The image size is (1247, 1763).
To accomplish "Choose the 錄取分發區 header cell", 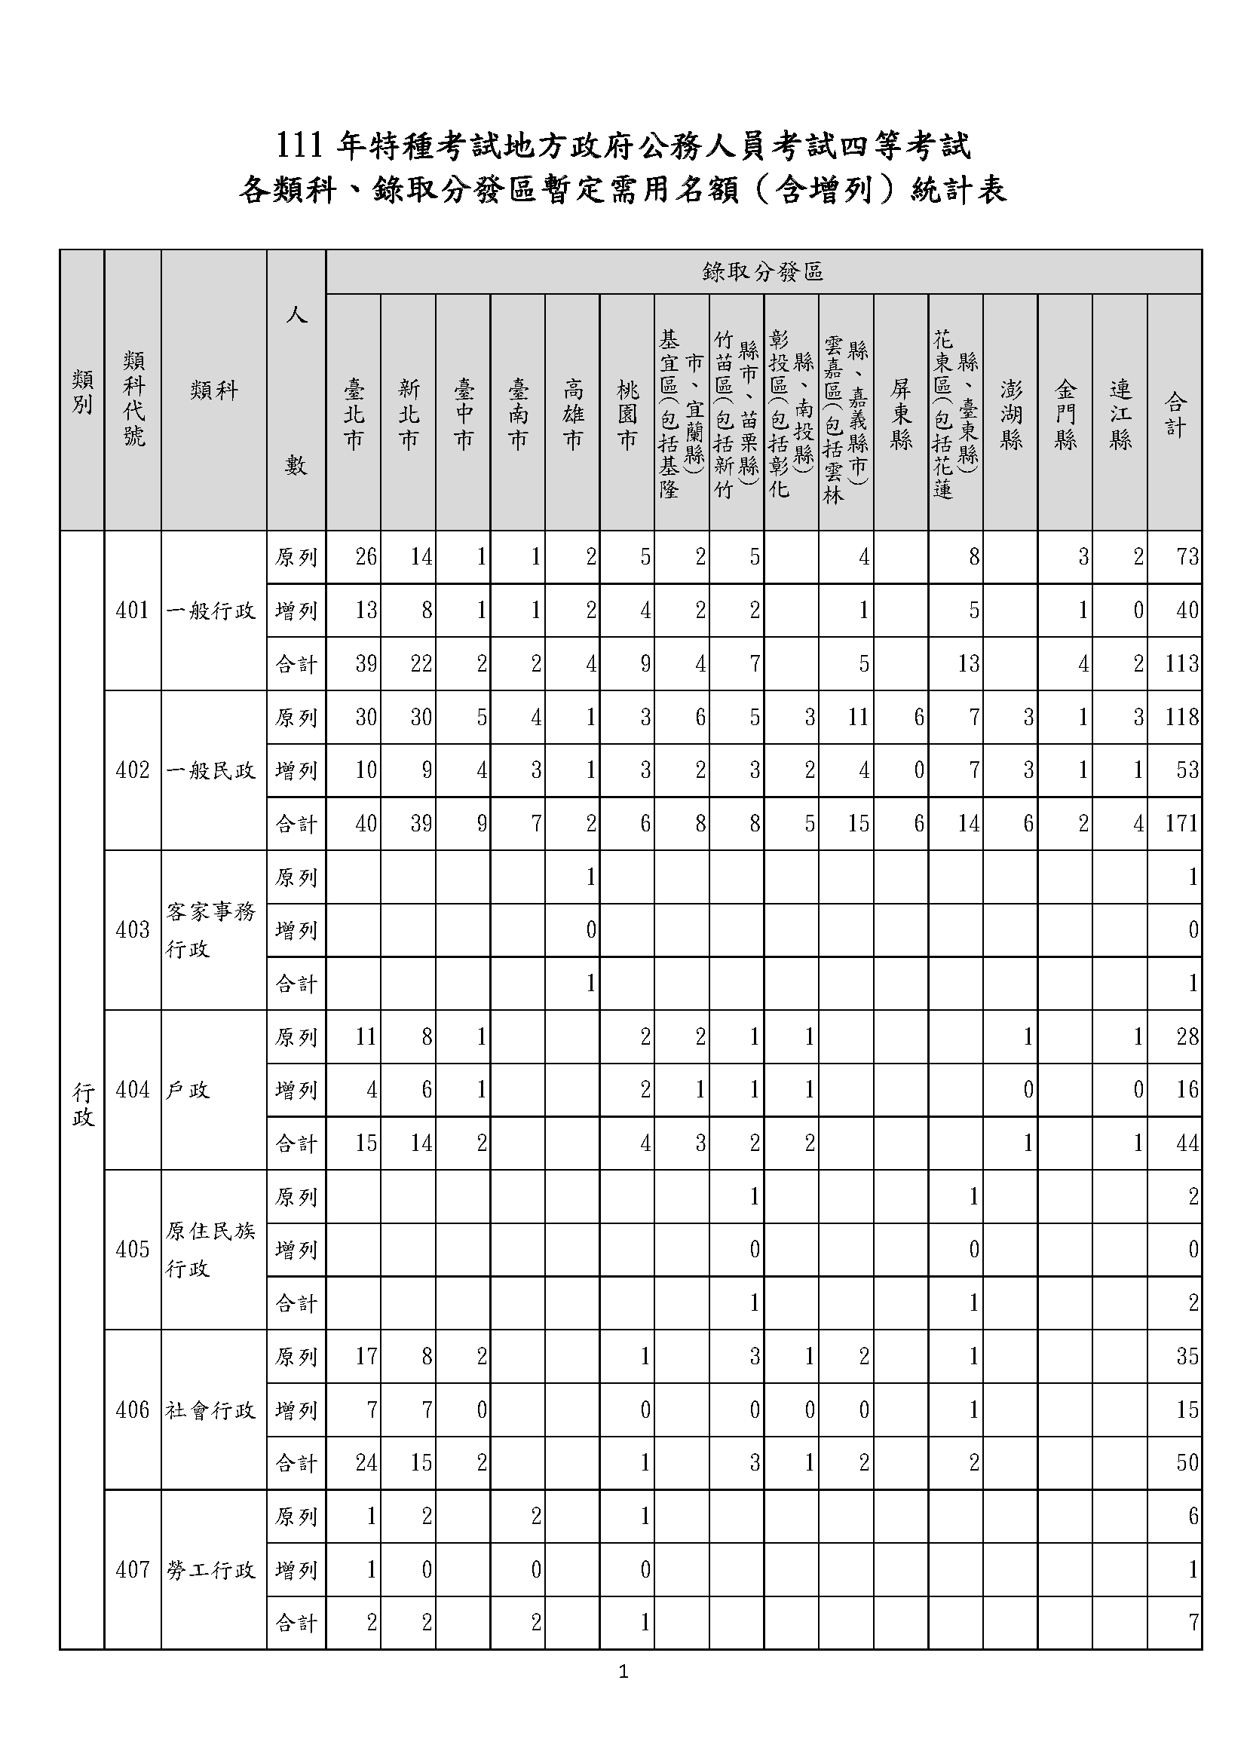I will [763, 272].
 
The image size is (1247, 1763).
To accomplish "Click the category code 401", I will [132, 611].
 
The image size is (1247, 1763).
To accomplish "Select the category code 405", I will [132, 1249].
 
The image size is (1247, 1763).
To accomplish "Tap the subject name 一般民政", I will [211, 770].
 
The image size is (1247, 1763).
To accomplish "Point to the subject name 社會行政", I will [211, 1409].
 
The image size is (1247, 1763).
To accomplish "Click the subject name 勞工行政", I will [211, 1569].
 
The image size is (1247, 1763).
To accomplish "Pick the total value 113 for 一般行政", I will [1181, 663].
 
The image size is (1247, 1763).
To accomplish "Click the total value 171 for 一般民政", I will [1181, 824].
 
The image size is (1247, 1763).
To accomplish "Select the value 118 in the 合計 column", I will [1181, 717].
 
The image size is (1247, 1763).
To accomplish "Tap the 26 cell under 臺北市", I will [366, 557].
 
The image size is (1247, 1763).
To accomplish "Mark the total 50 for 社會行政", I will [1187, 1463].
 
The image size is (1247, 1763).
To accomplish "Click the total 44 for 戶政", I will [1187, 1143].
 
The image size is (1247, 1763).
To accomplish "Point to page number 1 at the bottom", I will [623, 1672].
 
